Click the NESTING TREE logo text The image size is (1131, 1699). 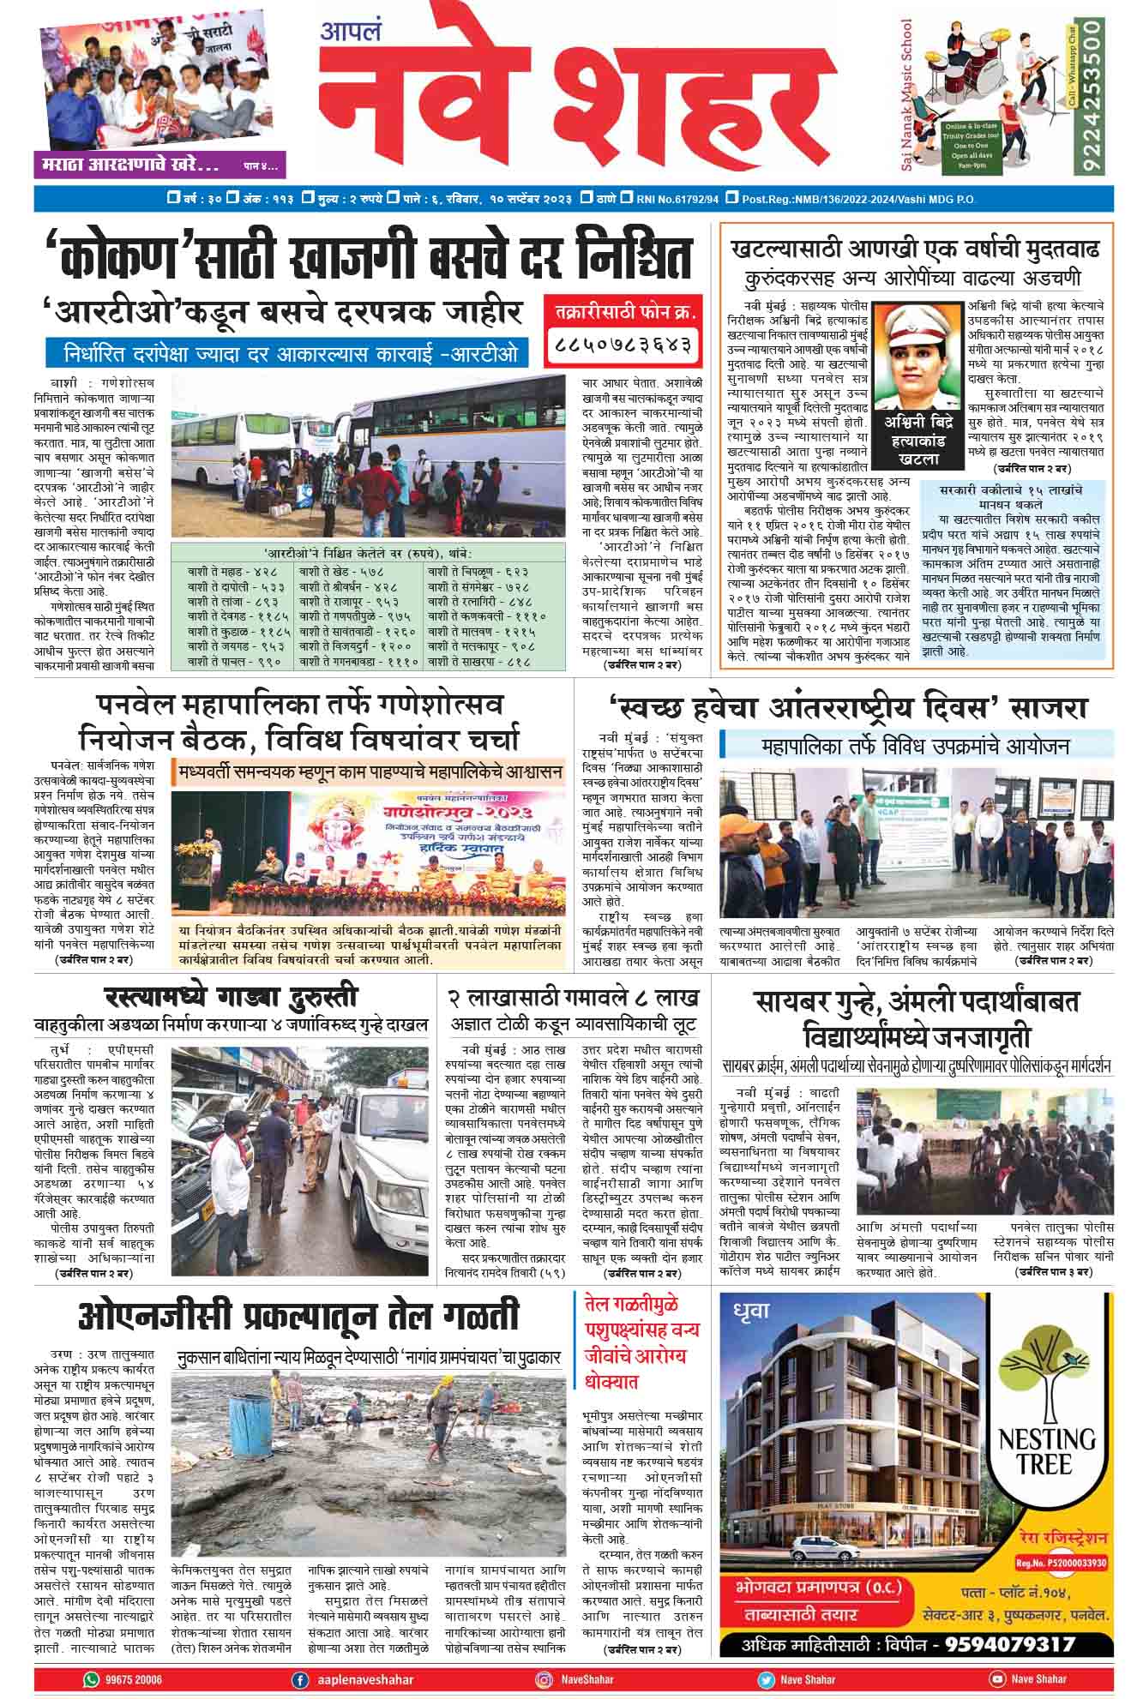click(1045, 1450)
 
